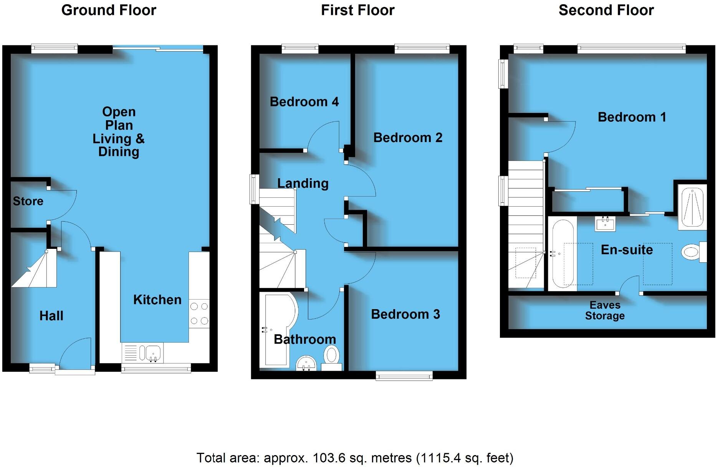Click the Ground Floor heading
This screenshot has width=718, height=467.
pos(109,10)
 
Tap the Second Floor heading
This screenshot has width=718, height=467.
pos(606,10)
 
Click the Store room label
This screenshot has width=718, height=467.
pos(28,201)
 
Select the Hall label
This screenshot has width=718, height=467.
pos(51,316)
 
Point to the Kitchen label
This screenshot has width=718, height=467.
pos(157,300)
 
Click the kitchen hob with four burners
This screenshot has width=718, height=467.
pos(199,313)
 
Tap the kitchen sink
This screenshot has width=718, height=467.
pos(153,353)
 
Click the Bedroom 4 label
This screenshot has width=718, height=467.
pos(304,102)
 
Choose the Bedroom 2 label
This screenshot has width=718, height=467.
pos(408,137)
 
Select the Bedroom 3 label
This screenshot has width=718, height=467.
pos(405,314)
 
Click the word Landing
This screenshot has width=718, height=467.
pos(303,183)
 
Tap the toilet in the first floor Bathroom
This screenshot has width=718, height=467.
pos(331,356)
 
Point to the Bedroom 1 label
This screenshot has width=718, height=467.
pos(632,117)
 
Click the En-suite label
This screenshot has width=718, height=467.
pos(627,250)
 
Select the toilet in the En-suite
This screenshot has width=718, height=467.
pos(692,252)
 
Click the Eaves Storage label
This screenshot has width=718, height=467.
pos(605,310)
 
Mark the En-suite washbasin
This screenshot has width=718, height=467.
pos(605,224)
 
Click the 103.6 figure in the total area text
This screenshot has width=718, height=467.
pos(325,458)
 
